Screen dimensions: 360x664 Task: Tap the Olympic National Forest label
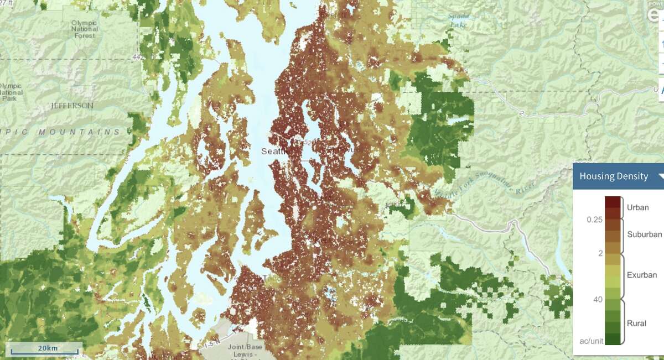tap(85, 29)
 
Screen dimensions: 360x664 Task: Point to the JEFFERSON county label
tap(72, 105)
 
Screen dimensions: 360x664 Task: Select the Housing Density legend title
tap(614, 176)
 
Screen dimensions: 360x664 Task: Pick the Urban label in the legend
tap(638, 207)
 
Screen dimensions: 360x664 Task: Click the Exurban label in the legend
tap(642, 274)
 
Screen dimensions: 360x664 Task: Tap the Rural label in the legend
tap(636, 323)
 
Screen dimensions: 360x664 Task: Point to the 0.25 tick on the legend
tap(594, 220)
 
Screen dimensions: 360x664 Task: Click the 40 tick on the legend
tap(598, 299)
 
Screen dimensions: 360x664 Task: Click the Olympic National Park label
tap(11, 92)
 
